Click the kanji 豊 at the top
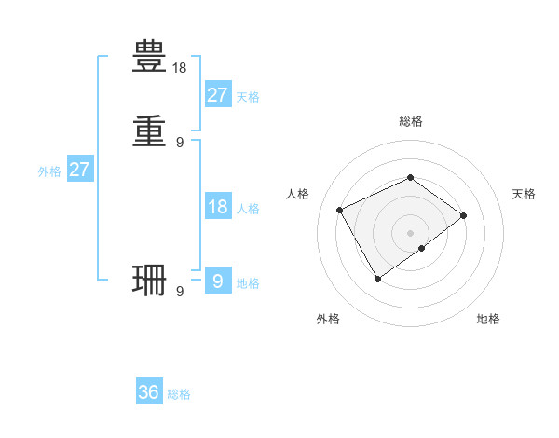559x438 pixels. click(150, 58)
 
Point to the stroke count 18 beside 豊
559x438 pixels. click(180, 69)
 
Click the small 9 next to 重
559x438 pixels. click(180, 143)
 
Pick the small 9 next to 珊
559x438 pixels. click(180, 292)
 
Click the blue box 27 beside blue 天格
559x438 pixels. click(217, 95)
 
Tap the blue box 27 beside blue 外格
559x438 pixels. click(80, 171)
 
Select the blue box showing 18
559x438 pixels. click(217, 207)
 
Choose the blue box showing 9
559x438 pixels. click(217, 281)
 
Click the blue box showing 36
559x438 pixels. click(149, 392)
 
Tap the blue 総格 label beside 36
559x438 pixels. click(179, 394)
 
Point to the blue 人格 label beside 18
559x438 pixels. click(248, 209)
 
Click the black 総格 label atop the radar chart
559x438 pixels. click(410, 121)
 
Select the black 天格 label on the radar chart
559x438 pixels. click(524, 194)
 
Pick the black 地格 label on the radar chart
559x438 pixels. click(488, 319)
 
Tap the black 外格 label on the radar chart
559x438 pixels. click(328, 319)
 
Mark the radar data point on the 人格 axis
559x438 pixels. click(340, 209)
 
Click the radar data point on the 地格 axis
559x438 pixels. click(422, 248)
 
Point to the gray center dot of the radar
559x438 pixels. click(410, 232)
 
